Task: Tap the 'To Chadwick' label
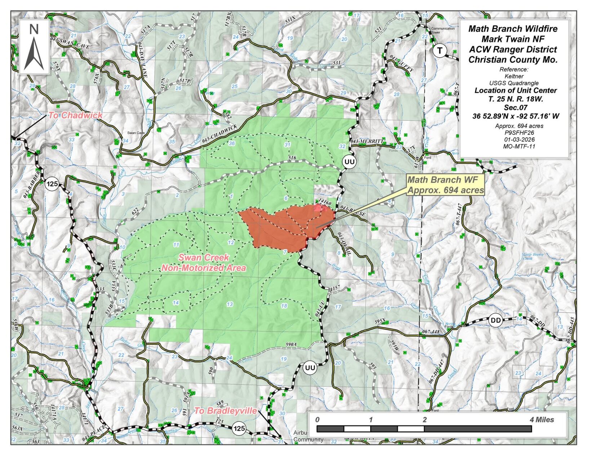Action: [x=76, y=115]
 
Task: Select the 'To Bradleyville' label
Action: [x=226, y=411]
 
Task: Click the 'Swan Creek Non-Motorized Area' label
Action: [x=204, y=263]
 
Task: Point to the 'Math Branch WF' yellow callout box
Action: [x=445, y=185]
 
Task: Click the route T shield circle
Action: [x=439, y=50]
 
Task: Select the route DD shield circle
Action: [x=496, y=320]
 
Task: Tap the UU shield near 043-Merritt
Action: [x=349, y=161]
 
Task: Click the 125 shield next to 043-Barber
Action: [x=52, y=184]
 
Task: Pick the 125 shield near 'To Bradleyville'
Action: [x=239, y=429]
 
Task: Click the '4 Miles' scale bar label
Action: [x=542, y=420]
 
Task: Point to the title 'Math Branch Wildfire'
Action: [x=513, y=29]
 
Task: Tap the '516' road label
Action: [x=292, y=158]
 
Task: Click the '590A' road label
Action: [x=290, y=345]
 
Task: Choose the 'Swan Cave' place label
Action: [x=136, y=133]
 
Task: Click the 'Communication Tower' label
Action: [x=443, y=30]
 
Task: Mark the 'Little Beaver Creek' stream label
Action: [x=533, y=256]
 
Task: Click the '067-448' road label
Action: [x=430, y=332]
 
